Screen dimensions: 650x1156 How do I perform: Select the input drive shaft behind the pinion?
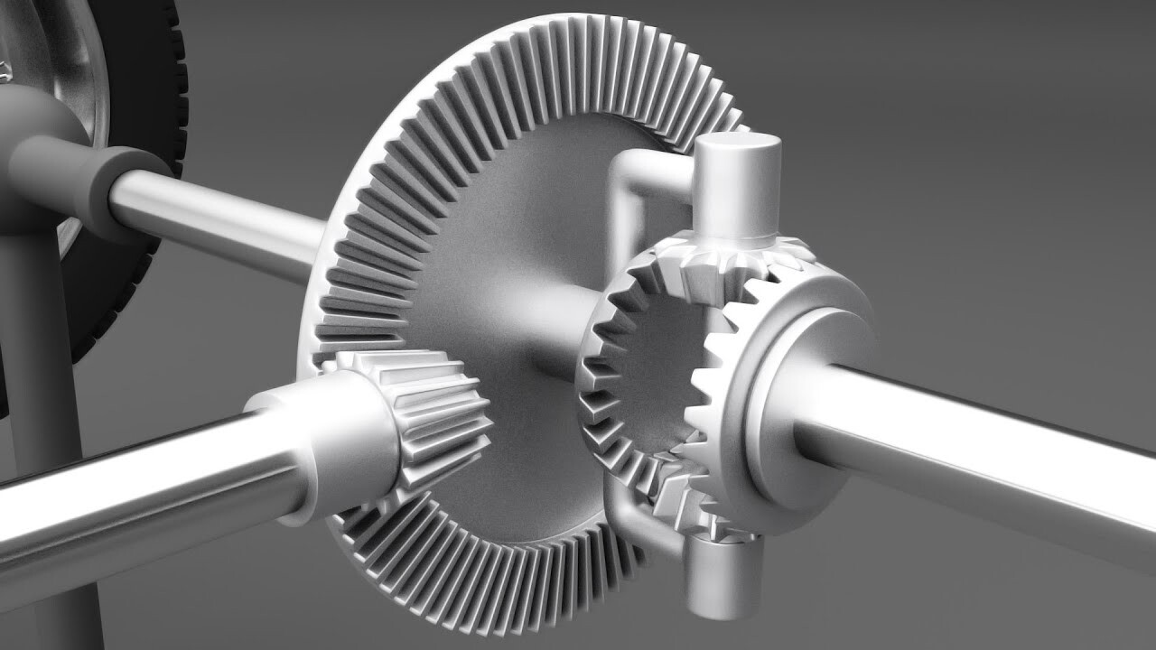point(135,487)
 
